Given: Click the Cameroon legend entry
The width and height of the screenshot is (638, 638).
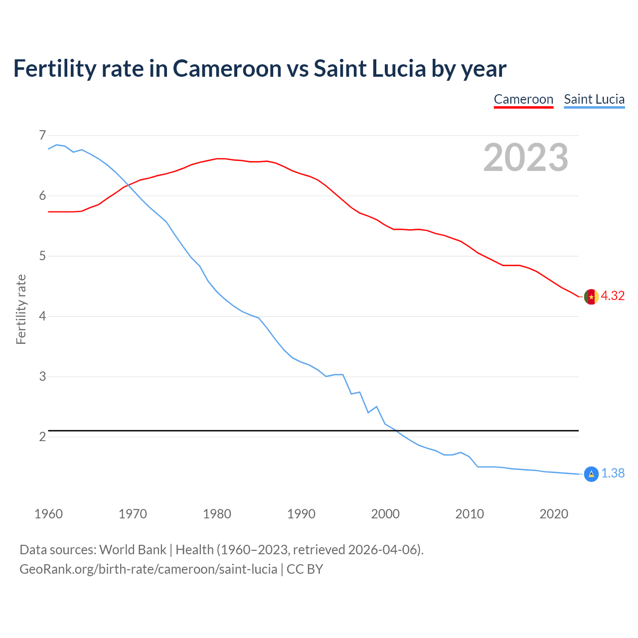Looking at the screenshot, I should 523,99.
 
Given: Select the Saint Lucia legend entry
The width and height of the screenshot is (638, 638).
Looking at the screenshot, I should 594,99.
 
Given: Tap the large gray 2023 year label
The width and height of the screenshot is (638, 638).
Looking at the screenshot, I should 526,158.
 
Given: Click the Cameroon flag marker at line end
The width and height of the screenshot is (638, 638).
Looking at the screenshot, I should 591,297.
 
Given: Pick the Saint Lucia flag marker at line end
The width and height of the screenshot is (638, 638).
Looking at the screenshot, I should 591,474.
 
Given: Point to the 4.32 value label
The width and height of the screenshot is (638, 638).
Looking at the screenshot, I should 613,296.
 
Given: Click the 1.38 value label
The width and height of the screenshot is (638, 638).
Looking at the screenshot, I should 613,474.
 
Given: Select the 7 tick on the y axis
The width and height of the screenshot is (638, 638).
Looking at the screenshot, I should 42,136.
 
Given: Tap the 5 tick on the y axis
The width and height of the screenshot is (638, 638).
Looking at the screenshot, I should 42,256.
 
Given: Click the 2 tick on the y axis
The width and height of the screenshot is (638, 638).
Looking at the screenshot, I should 42,437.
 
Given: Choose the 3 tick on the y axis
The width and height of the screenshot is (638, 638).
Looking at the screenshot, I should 42,377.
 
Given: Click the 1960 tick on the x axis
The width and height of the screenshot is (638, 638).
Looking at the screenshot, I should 48,514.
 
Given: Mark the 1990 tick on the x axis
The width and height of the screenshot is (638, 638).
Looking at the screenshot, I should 301,514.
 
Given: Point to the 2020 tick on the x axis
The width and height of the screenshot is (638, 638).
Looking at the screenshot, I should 554,514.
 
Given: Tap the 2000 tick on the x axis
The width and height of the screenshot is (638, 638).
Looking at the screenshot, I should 385,514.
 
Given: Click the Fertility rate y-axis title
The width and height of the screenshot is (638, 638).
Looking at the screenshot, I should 21,309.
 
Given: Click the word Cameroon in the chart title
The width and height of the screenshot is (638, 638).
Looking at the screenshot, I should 227,69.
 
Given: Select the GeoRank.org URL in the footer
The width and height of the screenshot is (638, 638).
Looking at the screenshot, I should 148,569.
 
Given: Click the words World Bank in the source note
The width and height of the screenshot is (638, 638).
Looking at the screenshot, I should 133,550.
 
